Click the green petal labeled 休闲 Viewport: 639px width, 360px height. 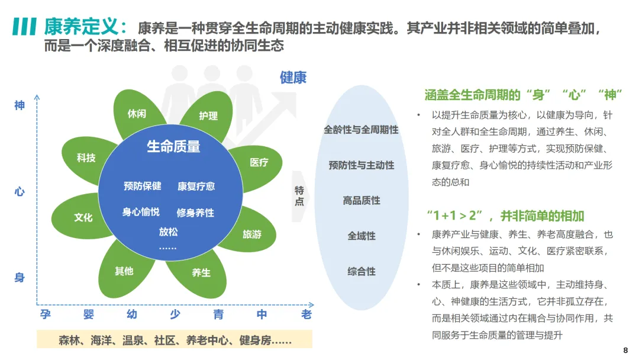click(137, 113)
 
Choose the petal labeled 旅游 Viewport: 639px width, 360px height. click(251, 234)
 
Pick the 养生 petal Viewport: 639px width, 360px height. click(201, 273)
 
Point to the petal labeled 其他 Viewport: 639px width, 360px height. click(124, 271)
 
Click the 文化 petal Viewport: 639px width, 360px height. click(83, 217)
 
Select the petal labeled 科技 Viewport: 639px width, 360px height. click(86, 158)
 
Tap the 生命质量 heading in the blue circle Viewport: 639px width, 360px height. click(173, 146)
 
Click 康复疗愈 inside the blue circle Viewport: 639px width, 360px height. click(196, 186)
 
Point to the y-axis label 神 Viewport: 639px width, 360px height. click(20, 105)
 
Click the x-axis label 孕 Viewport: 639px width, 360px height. click(46, 314)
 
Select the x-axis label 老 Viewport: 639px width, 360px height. click(306, 314)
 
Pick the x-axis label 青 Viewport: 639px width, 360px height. click(218, 314)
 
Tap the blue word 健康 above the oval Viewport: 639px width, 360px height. click(293, 78)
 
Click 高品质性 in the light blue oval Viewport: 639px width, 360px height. click(361, 201)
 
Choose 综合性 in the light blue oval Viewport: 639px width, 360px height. click(361, 272)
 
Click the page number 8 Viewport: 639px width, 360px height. click(625, 350)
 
